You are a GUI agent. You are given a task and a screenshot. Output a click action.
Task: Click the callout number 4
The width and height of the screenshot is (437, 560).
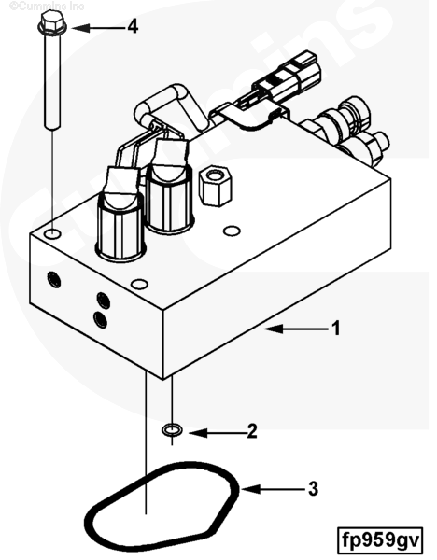point(133,26)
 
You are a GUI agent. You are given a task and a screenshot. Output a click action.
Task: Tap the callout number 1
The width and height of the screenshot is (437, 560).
point(336,329)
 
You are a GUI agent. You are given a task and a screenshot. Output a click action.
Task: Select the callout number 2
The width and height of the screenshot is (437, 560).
point(252,431)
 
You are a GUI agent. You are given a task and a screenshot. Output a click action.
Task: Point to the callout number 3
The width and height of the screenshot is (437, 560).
point(313,488)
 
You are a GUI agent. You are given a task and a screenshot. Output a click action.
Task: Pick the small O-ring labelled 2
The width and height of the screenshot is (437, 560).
point(172,429)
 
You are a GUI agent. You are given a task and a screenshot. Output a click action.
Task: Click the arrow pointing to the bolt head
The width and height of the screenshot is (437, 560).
point(100,27)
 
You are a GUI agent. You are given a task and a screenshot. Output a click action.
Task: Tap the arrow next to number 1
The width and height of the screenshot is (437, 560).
point(297,329)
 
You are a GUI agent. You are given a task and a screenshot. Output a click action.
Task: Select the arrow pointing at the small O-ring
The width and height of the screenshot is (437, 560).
point(217,433)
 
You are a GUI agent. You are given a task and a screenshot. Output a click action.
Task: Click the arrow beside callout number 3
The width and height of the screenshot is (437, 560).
point(274,489)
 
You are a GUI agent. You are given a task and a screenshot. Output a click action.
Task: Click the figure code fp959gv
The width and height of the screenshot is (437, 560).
point(380,540)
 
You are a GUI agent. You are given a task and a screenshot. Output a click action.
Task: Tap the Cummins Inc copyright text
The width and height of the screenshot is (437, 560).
point(47,6)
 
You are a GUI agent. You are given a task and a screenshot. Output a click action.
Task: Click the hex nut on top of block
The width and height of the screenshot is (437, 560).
point(215,186)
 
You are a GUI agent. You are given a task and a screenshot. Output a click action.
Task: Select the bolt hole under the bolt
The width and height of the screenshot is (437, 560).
point(52,234)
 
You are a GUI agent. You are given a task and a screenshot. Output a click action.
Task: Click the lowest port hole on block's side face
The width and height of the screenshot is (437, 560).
point(101,319)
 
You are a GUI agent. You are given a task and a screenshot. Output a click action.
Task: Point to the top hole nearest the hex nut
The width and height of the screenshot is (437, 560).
point(232,231)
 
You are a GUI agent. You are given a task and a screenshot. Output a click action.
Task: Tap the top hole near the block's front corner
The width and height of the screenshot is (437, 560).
point(139,285)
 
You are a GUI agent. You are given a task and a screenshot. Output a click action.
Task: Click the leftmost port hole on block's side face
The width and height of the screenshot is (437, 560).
point(54,280)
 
